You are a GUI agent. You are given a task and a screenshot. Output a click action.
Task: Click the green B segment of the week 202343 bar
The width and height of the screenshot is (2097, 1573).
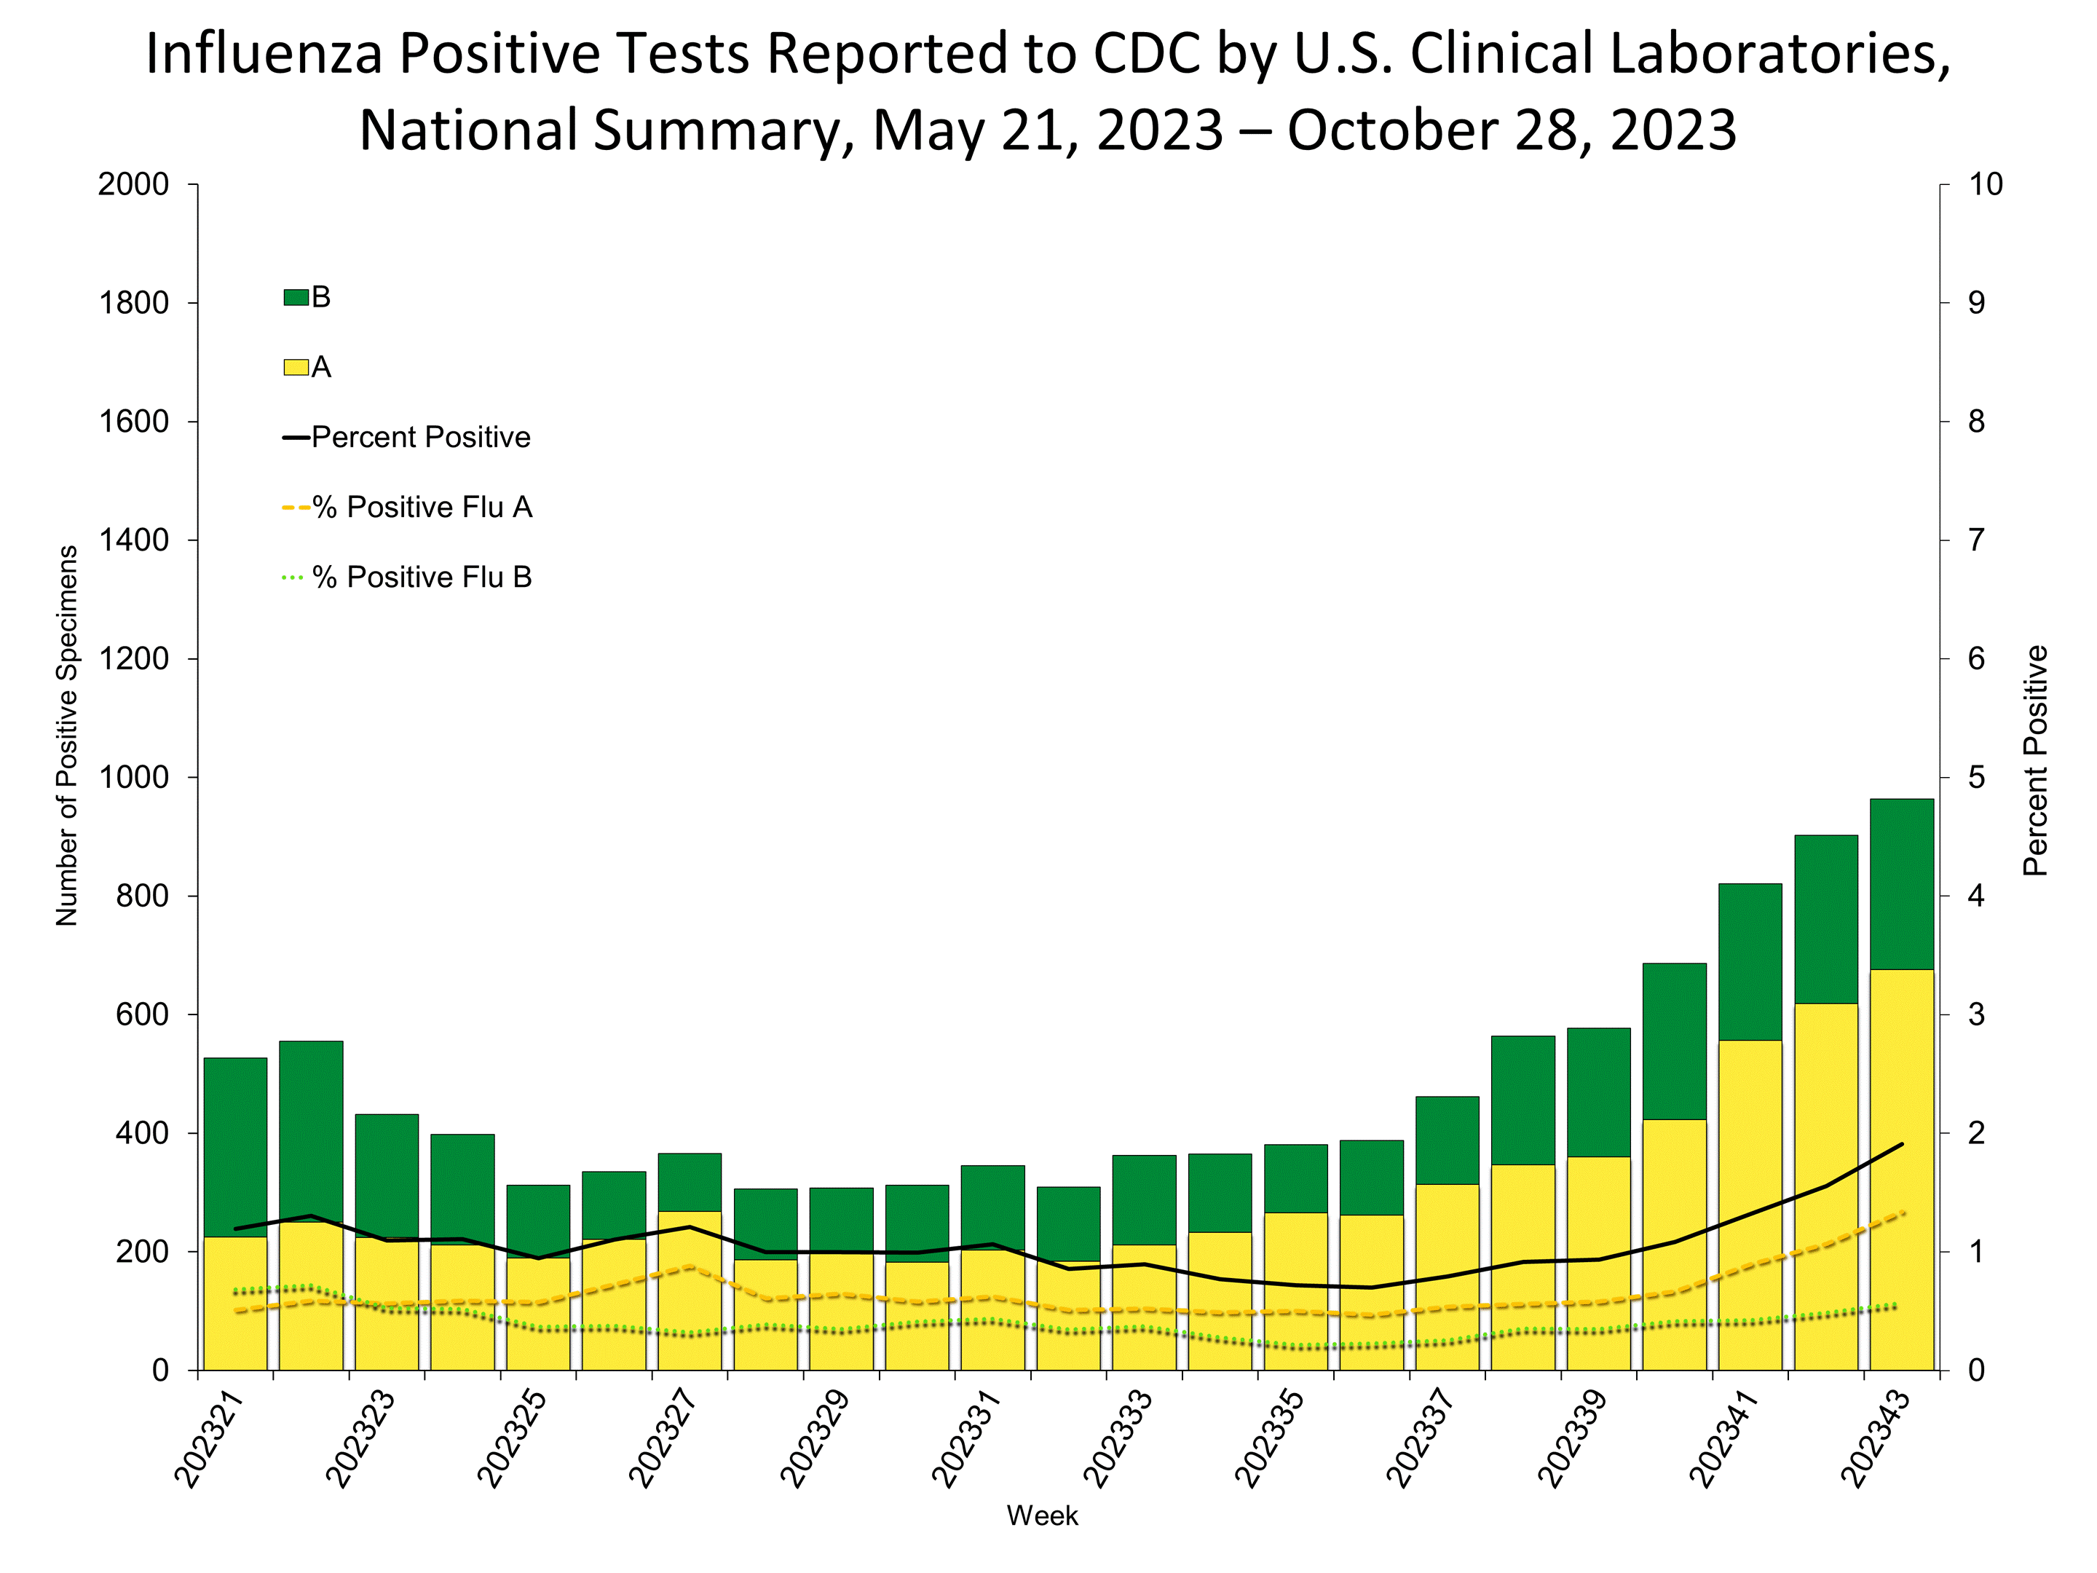(1900, 882)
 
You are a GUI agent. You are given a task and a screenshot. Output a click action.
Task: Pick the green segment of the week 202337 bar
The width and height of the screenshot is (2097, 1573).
(1447, 1140)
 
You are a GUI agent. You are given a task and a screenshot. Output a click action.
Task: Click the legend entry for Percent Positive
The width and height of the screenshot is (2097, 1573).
(420, 437)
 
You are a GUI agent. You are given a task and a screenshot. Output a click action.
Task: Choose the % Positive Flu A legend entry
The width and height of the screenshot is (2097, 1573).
(422, 508)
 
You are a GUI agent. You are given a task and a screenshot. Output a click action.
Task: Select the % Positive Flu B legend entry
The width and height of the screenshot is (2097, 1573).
(422, 577)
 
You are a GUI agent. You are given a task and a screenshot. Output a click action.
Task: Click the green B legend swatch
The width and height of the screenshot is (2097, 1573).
(296, 298)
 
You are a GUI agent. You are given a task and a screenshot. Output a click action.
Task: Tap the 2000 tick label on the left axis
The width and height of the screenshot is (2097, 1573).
(134, 185)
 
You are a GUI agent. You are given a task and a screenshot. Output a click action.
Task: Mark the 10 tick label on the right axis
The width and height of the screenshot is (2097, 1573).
(1985, 185)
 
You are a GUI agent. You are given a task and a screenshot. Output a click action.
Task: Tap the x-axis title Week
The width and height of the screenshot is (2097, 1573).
(1042, 1516)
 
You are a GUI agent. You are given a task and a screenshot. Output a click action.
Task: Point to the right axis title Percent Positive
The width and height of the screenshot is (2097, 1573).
(2035, 760)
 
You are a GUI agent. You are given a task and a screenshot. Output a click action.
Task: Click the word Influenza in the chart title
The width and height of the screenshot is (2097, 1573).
(264, 54)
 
